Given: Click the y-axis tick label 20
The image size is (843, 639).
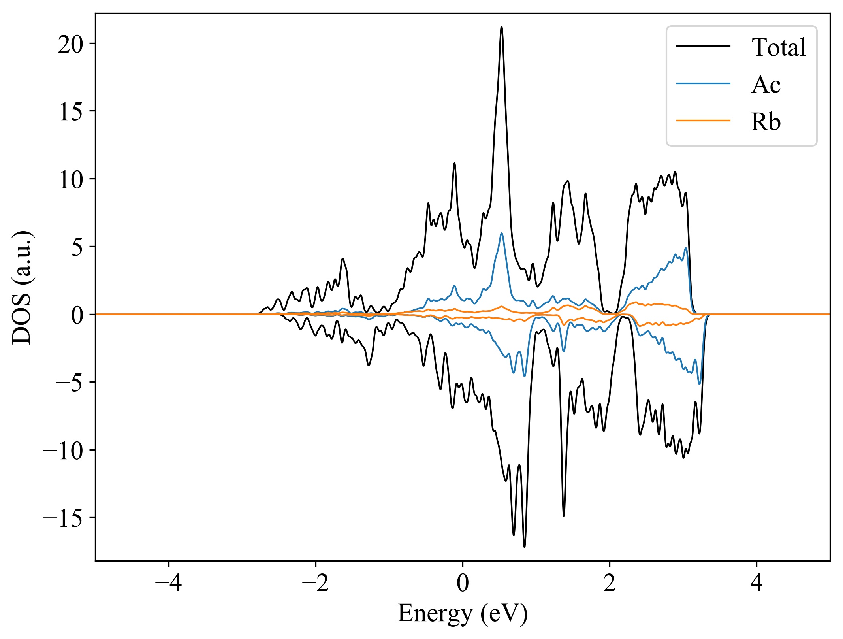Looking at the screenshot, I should (71, 44).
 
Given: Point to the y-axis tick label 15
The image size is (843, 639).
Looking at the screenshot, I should (72, 112).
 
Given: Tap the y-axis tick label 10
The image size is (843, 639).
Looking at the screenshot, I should (72, 180).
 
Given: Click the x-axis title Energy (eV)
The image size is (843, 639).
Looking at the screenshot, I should (463, 614).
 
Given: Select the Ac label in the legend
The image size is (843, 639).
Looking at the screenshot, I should (766, 85).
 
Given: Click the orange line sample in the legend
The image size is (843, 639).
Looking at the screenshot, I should (703, 120).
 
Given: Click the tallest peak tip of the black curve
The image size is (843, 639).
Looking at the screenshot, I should (502, 27).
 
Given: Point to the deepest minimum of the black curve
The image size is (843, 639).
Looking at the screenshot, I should (524, 547).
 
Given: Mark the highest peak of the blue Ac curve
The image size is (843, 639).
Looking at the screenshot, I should (502, 233).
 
